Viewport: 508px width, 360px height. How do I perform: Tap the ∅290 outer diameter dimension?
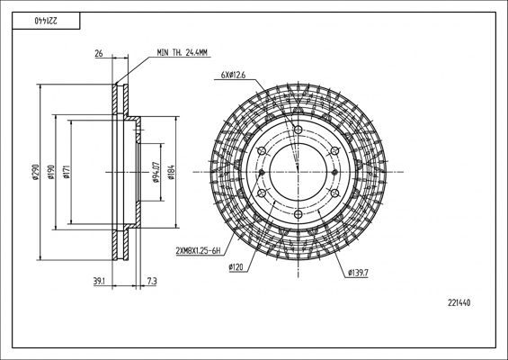(33, 173)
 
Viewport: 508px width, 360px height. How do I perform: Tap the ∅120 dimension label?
(238, 267)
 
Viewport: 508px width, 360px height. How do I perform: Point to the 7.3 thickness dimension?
(151, 283)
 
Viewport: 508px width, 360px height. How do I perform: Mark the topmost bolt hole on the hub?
(298, 132)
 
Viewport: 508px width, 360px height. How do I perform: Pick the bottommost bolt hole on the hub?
(298, 213)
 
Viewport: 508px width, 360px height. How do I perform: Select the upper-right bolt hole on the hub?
(333, 153)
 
